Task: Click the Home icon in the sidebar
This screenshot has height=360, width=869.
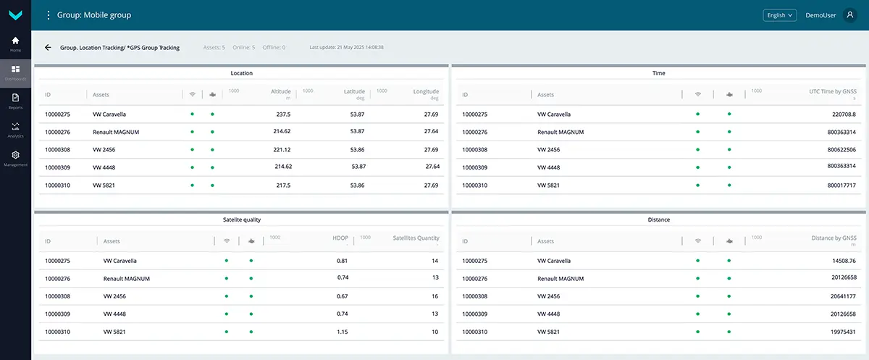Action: [15, 41]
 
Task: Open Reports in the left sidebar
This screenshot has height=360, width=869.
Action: [15, 98]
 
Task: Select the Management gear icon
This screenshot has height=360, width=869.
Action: [15, 155]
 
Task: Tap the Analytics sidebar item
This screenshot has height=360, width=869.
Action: [15, 127]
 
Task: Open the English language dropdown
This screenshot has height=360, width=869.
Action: [779, 14]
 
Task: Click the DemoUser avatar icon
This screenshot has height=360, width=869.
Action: [850, 14]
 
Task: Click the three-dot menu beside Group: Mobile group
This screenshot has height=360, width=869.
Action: [49, 14]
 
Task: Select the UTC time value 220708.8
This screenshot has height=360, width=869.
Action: [844, 114]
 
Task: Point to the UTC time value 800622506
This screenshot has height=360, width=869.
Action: [841, 150]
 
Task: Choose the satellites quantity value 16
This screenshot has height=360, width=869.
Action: [434, 296]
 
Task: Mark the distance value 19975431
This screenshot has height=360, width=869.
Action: [841, 332]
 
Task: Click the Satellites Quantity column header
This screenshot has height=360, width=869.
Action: [416, 238]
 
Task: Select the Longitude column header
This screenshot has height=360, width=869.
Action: [426, 92]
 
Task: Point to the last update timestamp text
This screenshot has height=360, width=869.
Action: [346, 47]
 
